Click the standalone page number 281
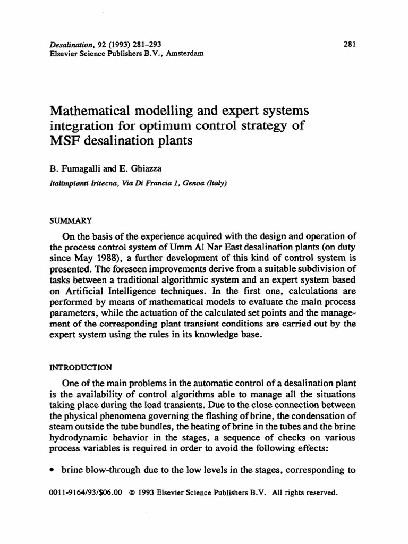[349, 45]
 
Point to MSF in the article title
[62, 142]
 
